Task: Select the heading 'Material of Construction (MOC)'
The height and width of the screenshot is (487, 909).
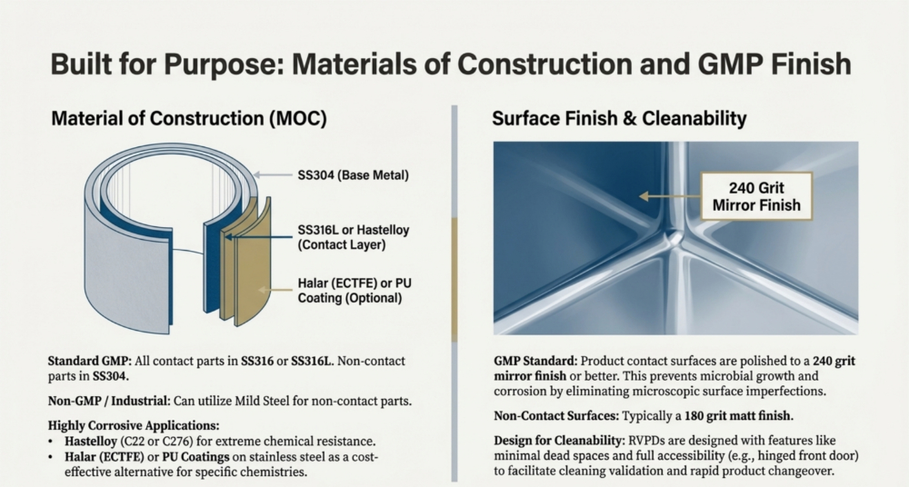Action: click(189, 118)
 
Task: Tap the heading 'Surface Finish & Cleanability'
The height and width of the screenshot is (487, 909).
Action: click(619, 118)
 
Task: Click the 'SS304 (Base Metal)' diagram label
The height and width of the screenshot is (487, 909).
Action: click(353, 175)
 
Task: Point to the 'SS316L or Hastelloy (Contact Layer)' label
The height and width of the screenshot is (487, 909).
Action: click(353, 237)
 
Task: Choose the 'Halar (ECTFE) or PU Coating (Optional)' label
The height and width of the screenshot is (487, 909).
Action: click(355, 291)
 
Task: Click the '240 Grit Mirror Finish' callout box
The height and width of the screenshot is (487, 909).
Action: click(756, 196)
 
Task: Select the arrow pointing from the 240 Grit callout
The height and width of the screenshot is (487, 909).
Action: click(670, 196)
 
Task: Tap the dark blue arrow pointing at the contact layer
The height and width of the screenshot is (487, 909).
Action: click(258, 236)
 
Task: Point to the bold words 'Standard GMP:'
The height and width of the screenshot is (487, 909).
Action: click(90, 362)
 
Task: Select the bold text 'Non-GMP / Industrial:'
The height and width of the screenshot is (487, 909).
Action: click(109, 401)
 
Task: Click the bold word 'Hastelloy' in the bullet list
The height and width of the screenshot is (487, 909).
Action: click(90, 442)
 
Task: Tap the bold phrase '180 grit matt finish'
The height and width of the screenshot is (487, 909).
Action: click(737, 416)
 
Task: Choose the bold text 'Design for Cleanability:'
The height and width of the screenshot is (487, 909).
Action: click(559, 440)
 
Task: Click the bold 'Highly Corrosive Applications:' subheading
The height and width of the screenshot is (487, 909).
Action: click(134, 425)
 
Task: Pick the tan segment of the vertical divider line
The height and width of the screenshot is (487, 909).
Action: click(454, 280)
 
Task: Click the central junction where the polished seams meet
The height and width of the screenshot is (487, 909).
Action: click(674, 236)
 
